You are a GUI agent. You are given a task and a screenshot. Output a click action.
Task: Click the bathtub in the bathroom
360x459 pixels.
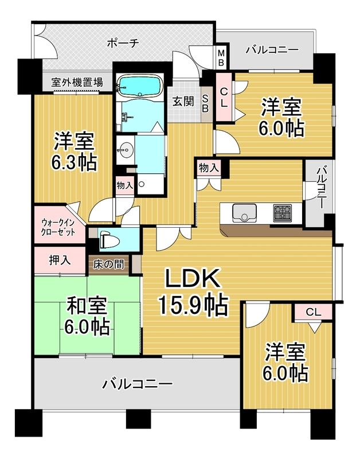coord(138,87)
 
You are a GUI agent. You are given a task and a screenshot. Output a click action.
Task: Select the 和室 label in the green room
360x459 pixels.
coord(87,303)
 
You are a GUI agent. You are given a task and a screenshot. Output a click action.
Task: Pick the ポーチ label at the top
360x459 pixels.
coord(123,42)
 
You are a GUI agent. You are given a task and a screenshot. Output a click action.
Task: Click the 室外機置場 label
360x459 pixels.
coord(69,83)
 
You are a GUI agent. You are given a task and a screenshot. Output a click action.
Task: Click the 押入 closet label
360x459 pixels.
coord(60,260)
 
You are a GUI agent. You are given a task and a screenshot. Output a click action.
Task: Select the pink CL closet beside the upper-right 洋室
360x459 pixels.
coord(224,96)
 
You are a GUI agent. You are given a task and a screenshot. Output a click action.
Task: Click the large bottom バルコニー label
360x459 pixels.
coord(138,383)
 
